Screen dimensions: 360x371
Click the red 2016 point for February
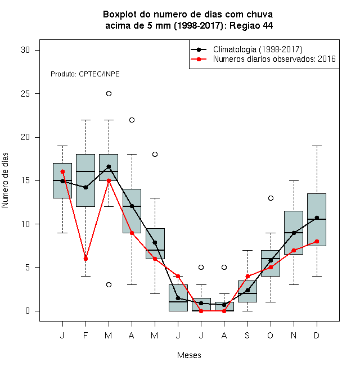[85, 259]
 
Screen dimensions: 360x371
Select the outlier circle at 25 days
[109, 94]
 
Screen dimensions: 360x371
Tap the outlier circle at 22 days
[132, 120]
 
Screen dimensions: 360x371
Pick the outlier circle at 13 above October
[271, 198]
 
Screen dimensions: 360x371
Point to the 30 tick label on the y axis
[25, 50]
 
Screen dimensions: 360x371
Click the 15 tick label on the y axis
[25, 180]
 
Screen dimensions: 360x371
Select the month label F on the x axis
[85, 335]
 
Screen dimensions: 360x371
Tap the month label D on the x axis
[317, 335]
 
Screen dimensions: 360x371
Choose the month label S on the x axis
[247, 335]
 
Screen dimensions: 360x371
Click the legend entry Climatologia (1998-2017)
[258, 49]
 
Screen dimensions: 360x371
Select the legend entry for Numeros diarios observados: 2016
[274, 59]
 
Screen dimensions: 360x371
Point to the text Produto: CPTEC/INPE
[85, 74]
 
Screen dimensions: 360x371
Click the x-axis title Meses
[189, 355]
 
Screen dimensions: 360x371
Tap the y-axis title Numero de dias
[5, 180]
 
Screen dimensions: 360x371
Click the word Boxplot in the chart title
[120, 15]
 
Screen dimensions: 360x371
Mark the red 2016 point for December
[317, 241]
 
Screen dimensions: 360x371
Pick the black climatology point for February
[85, 187]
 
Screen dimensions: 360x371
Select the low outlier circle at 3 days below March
[109, 284]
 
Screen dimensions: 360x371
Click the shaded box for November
[294, 233]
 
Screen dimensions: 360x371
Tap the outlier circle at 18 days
[155, 154]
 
